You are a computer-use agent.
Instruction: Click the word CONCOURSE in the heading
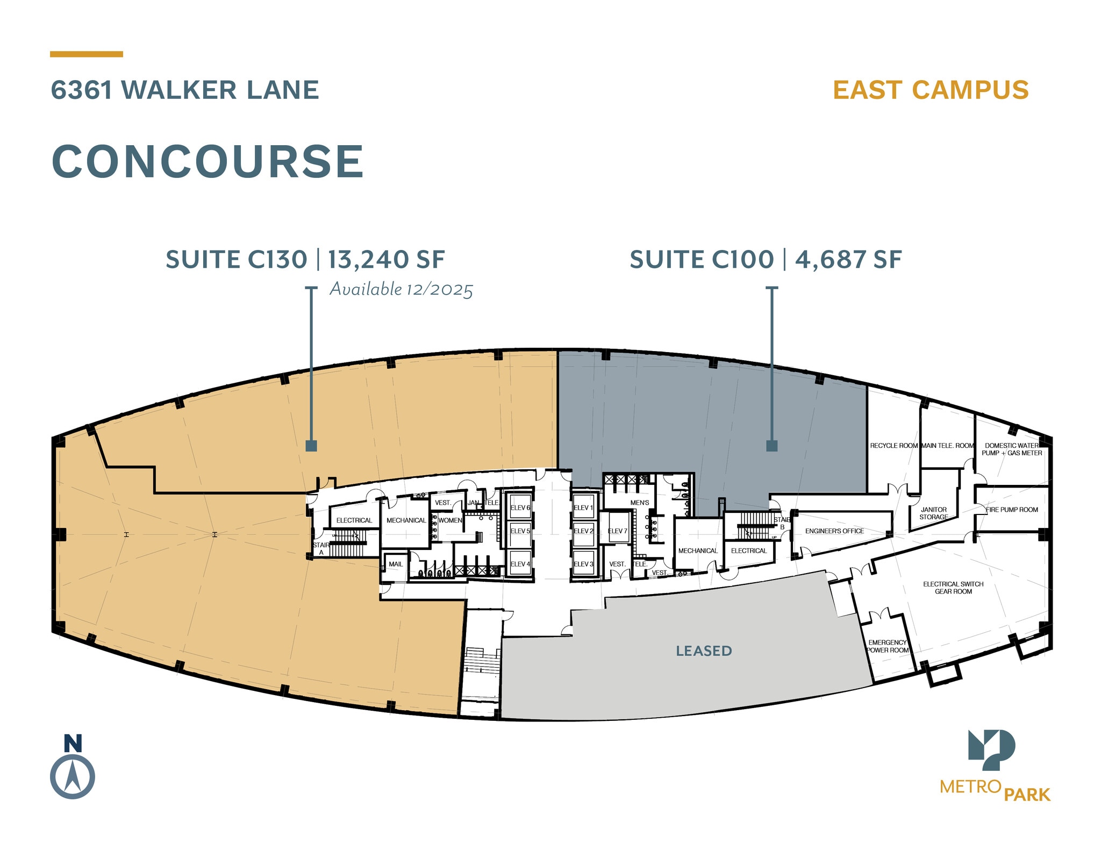click(x=208, y=161)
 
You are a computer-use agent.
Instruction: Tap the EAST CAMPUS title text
click(x=931, y=90)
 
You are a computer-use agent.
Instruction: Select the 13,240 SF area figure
click(x=386, y=260)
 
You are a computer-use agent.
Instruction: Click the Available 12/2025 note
click(x=401, y=289)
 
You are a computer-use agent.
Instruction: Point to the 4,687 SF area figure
click(x=848, y=260)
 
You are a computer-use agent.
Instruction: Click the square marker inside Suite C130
click(x=311, y=446)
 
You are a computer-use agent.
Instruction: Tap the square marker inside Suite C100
click(x=771, y=446)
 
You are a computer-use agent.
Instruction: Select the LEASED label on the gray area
click(x=704, y=651)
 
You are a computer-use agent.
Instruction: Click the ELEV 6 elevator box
click(x=520, y=507)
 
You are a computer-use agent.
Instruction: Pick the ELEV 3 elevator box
click(x=583, y=563)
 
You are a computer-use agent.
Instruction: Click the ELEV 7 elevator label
click(x=618, y=531)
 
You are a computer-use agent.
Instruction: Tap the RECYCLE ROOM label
click(x=893, y=446)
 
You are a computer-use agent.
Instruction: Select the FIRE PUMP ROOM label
click(x=1012, y=510)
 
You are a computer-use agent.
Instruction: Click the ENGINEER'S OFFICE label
click(x=834, y=531)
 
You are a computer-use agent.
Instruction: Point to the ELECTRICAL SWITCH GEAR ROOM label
click(x=953, y=588)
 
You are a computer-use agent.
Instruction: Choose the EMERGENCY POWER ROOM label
click(x=888, y=646)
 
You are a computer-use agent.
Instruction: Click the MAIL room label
click(x=396, y=564)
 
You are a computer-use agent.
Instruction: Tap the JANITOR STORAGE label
click(x=933, y=513)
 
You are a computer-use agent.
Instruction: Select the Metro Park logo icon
click(x=991, y=749)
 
